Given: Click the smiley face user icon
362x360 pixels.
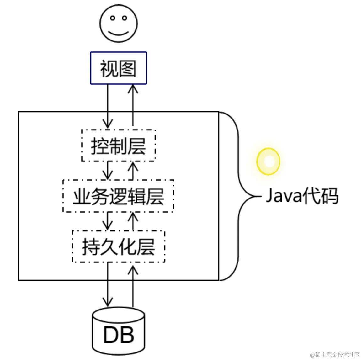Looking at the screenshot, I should (118, 24).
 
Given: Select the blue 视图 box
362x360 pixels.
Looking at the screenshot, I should (118, 68).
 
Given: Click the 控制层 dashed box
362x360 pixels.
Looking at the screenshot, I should (118, 146).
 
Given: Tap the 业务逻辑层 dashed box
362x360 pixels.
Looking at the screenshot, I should (118, 196).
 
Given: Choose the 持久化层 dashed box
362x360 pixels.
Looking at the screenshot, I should (118, 247).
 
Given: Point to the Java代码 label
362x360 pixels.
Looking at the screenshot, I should (302, 196).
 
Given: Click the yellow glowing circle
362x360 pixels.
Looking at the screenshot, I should (268, 161).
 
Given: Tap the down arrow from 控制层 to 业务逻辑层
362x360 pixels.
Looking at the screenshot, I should (108, 170).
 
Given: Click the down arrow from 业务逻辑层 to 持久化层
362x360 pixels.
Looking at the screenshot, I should (108, 221).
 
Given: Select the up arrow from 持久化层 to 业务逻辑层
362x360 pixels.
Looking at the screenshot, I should (133, 221).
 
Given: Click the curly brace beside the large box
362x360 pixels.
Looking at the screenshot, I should (238, 196).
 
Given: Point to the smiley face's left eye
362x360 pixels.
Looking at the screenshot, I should (112, 18).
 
